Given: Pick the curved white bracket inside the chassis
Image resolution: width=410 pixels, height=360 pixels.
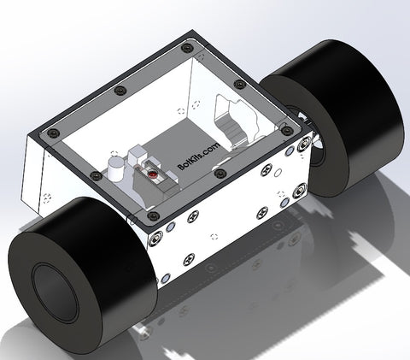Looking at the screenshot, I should [235, 121].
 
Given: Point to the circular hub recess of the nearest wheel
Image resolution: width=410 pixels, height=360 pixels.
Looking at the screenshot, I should [56, 290].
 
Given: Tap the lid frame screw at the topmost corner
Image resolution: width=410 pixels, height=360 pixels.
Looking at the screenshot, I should [188, 48].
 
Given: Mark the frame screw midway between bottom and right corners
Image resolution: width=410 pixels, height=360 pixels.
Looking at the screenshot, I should [221, 173].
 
